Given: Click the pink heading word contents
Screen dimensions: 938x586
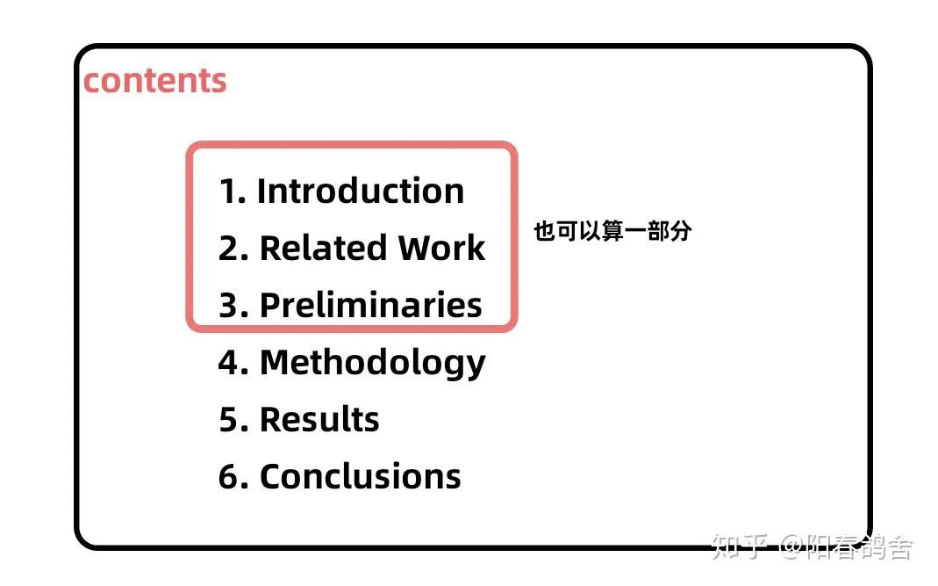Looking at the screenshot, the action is pos(155,81).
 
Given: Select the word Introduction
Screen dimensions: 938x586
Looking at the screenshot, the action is pos(360,192).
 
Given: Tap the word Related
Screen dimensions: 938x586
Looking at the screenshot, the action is pos(323,248).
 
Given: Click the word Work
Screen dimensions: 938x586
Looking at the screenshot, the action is pos(441,248).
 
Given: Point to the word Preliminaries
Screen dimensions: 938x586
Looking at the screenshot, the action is pos(371,305).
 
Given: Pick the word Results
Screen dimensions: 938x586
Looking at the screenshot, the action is pos(319,419).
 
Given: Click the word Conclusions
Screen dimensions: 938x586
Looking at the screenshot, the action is pos(360,477).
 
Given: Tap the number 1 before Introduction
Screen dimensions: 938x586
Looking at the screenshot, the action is pos(228,192).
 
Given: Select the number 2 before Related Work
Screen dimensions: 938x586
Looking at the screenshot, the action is pos(229,249).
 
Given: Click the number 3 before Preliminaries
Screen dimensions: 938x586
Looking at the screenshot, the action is pos(229,306).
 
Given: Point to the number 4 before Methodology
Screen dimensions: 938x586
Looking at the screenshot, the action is pos(230,363).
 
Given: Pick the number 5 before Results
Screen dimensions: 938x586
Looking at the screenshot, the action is pos(230,420).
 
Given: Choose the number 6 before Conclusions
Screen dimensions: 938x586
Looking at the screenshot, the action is pos(230,477).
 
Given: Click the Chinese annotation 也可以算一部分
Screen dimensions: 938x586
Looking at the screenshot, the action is pos(612,231).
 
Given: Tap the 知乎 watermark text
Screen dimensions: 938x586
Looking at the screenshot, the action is pos(740,546).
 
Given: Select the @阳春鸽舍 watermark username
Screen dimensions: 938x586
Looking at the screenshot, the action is pos(846,546).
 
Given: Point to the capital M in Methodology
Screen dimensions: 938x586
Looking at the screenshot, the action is pos(276,363).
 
